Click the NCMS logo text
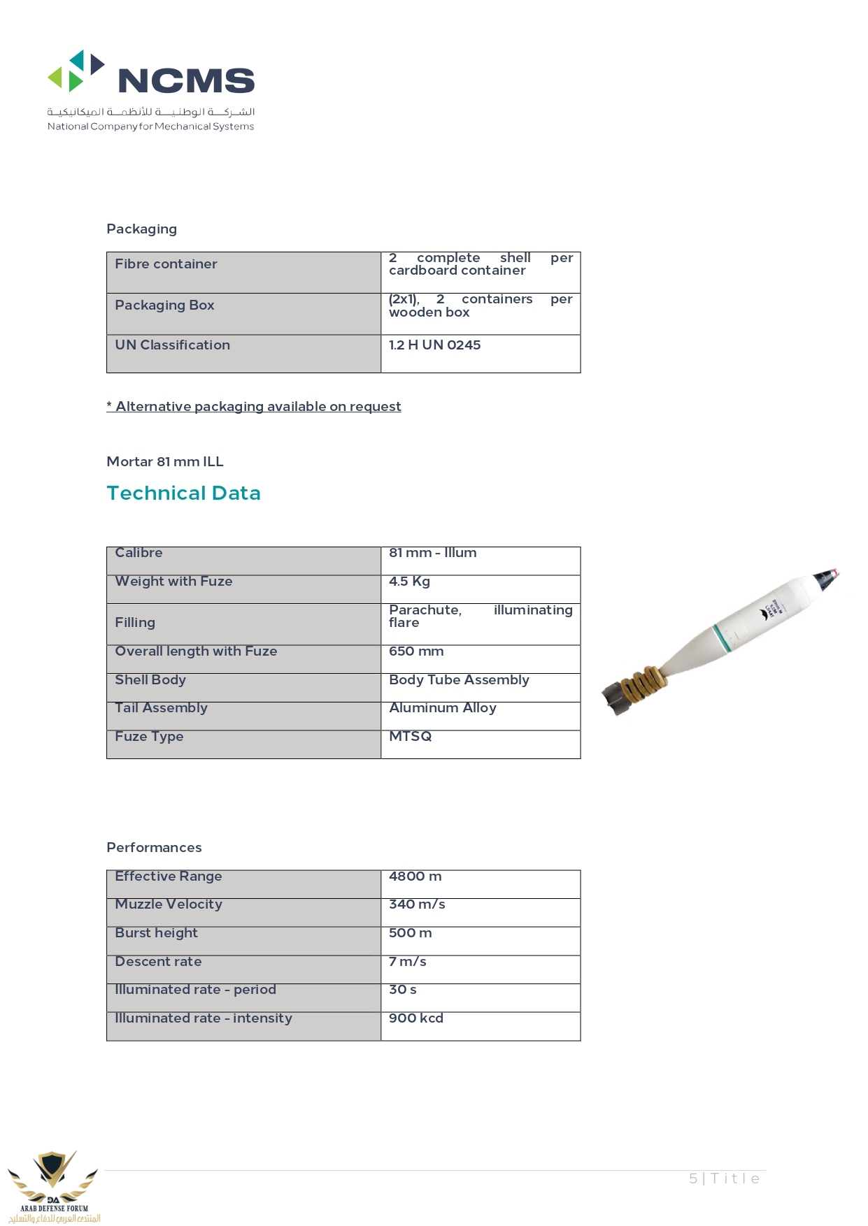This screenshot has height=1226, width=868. [186, 81]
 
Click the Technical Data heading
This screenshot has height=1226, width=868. [183, 493]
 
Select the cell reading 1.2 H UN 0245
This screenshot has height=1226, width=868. [434, 345]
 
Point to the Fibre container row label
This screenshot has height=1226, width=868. [166, 264]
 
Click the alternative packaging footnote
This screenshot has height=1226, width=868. [254, 407]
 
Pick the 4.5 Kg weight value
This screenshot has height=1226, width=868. [409, 582]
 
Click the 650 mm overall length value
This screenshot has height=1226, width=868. [416, 651]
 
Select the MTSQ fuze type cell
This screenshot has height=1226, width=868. [410, 737]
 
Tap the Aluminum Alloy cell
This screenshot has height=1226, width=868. [442, 708]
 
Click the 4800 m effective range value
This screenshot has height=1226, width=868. [415, 877]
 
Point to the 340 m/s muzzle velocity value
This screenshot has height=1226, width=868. [417, 904]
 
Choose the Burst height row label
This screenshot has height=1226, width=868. [156, 933]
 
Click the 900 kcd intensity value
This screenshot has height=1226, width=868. [415, 1018]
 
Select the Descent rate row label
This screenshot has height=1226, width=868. [158, 962]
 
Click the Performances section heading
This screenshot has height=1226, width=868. [154, 848]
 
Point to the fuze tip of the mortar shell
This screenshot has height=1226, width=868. [830, 577]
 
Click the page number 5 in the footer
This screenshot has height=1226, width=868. [693, 1178]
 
